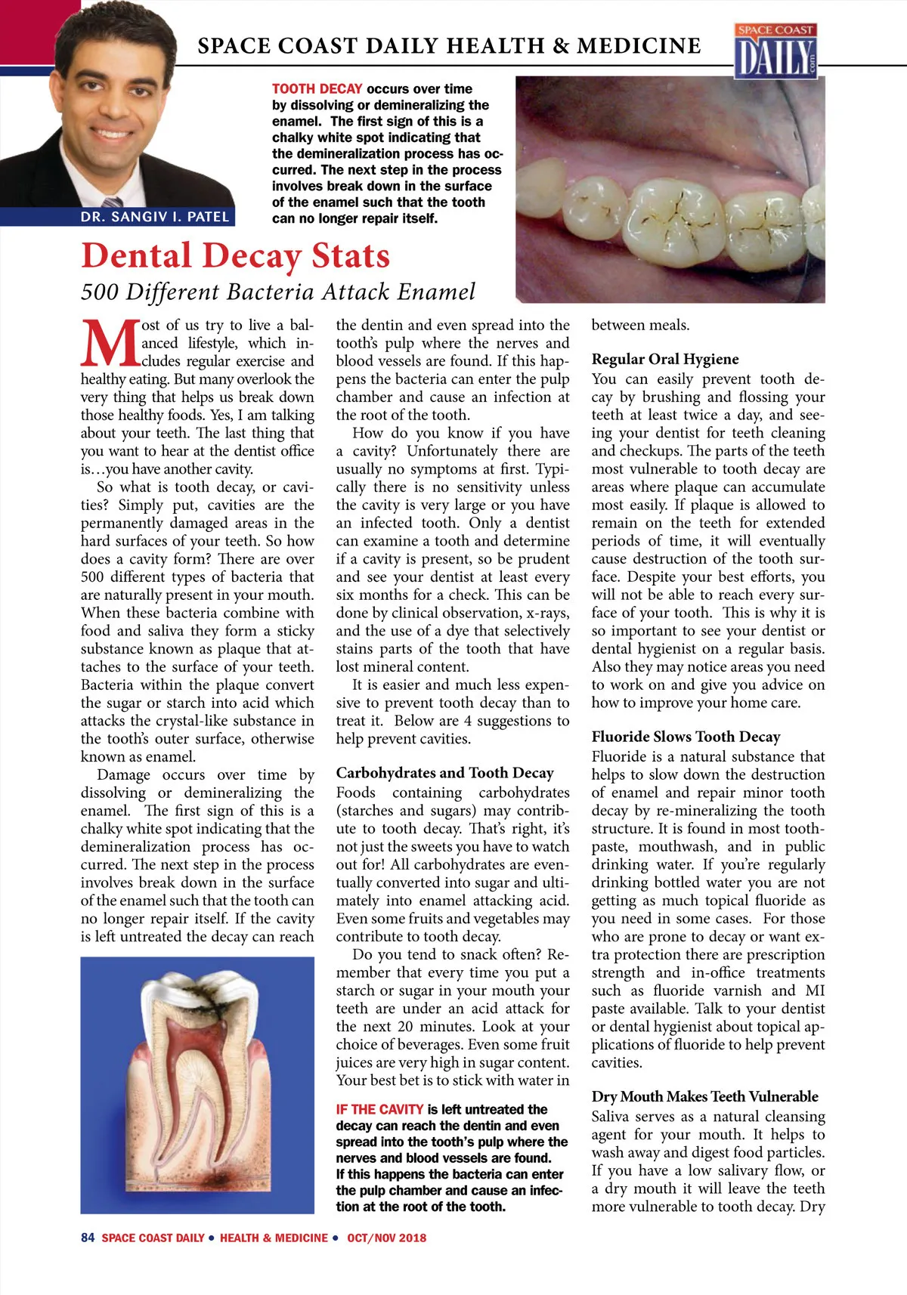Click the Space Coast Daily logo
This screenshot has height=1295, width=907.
[x=776, y=51]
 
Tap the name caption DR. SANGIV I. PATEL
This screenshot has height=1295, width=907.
[x=154, y=217]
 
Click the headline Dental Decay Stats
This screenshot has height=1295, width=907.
[x=235, y=255]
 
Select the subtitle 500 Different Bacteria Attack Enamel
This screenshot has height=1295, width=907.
[x=278, y=292]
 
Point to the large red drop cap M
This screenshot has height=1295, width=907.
[x=110, y=344]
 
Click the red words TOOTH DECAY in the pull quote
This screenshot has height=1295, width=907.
[x=317, y=89]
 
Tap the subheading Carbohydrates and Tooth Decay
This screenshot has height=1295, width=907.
[x=444, y=773]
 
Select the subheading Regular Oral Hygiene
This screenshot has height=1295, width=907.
[x=665, y=359]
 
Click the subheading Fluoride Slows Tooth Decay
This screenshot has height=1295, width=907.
[x=686, y=737]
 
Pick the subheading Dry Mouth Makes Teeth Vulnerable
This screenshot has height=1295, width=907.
[x=704, y=1096]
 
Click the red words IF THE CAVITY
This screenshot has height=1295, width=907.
[x=379, y=1109]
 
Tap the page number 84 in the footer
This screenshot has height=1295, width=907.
[x=88, y=1238]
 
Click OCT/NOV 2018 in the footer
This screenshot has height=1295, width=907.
[x=386, y=1238]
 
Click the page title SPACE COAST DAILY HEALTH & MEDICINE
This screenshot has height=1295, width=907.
[x=449, y=46]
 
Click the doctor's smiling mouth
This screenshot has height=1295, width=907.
[x=111, y=134]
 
